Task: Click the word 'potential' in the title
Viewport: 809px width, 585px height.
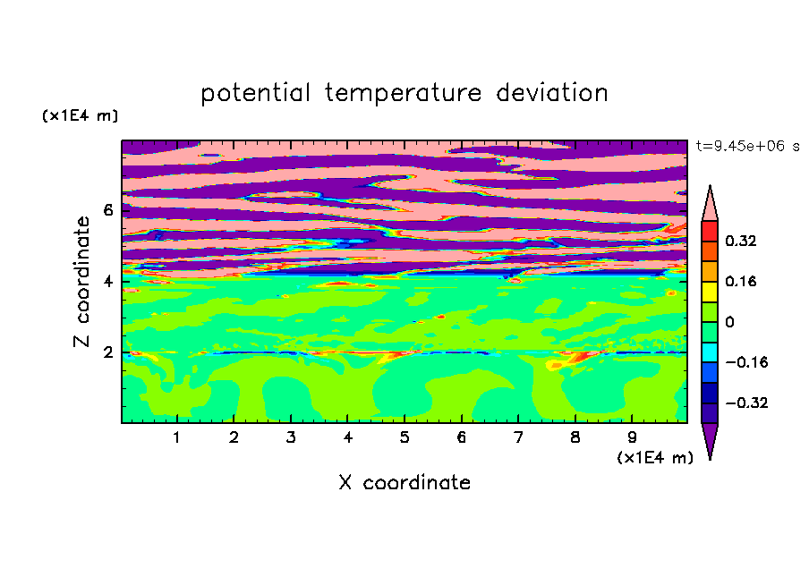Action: pyautogui.click(x=255, y=93)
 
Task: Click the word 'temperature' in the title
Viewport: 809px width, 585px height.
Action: pyautogui.click(x=403, y=93)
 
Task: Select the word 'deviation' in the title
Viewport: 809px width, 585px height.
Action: pyautogui.click(x=552, y=92)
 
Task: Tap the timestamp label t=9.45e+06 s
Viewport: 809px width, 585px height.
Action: pyautogui.click(x=747, y=146)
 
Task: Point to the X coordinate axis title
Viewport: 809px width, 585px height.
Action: pyautogui.click(x=404, y=482)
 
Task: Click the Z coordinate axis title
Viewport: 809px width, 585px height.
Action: pyautogui.click(x=81, y=282)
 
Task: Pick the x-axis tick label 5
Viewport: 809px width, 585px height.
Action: pyautogui.click(x=404, y=437)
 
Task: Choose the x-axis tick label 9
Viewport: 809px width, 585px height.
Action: pyautogui.click(x=632, y=437)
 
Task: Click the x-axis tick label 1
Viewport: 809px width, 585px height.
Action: pyautogui.click(x=176, y=437)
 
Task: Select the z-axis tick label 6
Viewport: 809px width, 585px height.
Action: pyautogui.click(x=107, y=210)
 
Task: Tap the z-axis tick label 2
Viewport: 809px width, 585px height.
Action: pyautogui.click(x=107, y=352)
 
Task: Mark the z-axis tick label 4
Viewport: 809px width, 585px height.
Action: pyautogui.click(x=107, y=282)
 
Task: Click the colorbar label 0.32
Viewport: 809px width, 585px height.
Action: pyautogui.click(x=740, y=241)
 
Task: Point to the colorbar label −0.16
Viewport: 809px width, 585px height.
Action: pyautogui.click(x=746, y=362)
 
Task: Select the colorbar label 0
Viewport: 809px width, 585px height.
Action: pyautogui.click(x=729, y=322)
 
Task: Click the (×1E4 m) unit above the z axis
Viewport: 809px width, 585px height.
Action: pyautogui.click(x=80, y=115)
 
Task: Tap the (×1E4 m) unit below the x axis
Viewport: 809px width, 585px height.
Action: pyautogui.click(x=655, y=458)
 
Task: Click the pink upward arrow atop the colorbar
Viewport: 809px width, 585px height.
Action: pyautogui.click(x=710, y=204)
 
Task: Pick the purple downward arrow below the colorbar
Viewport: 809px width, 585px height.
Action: pyautogui.click(x=710, y=439)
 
